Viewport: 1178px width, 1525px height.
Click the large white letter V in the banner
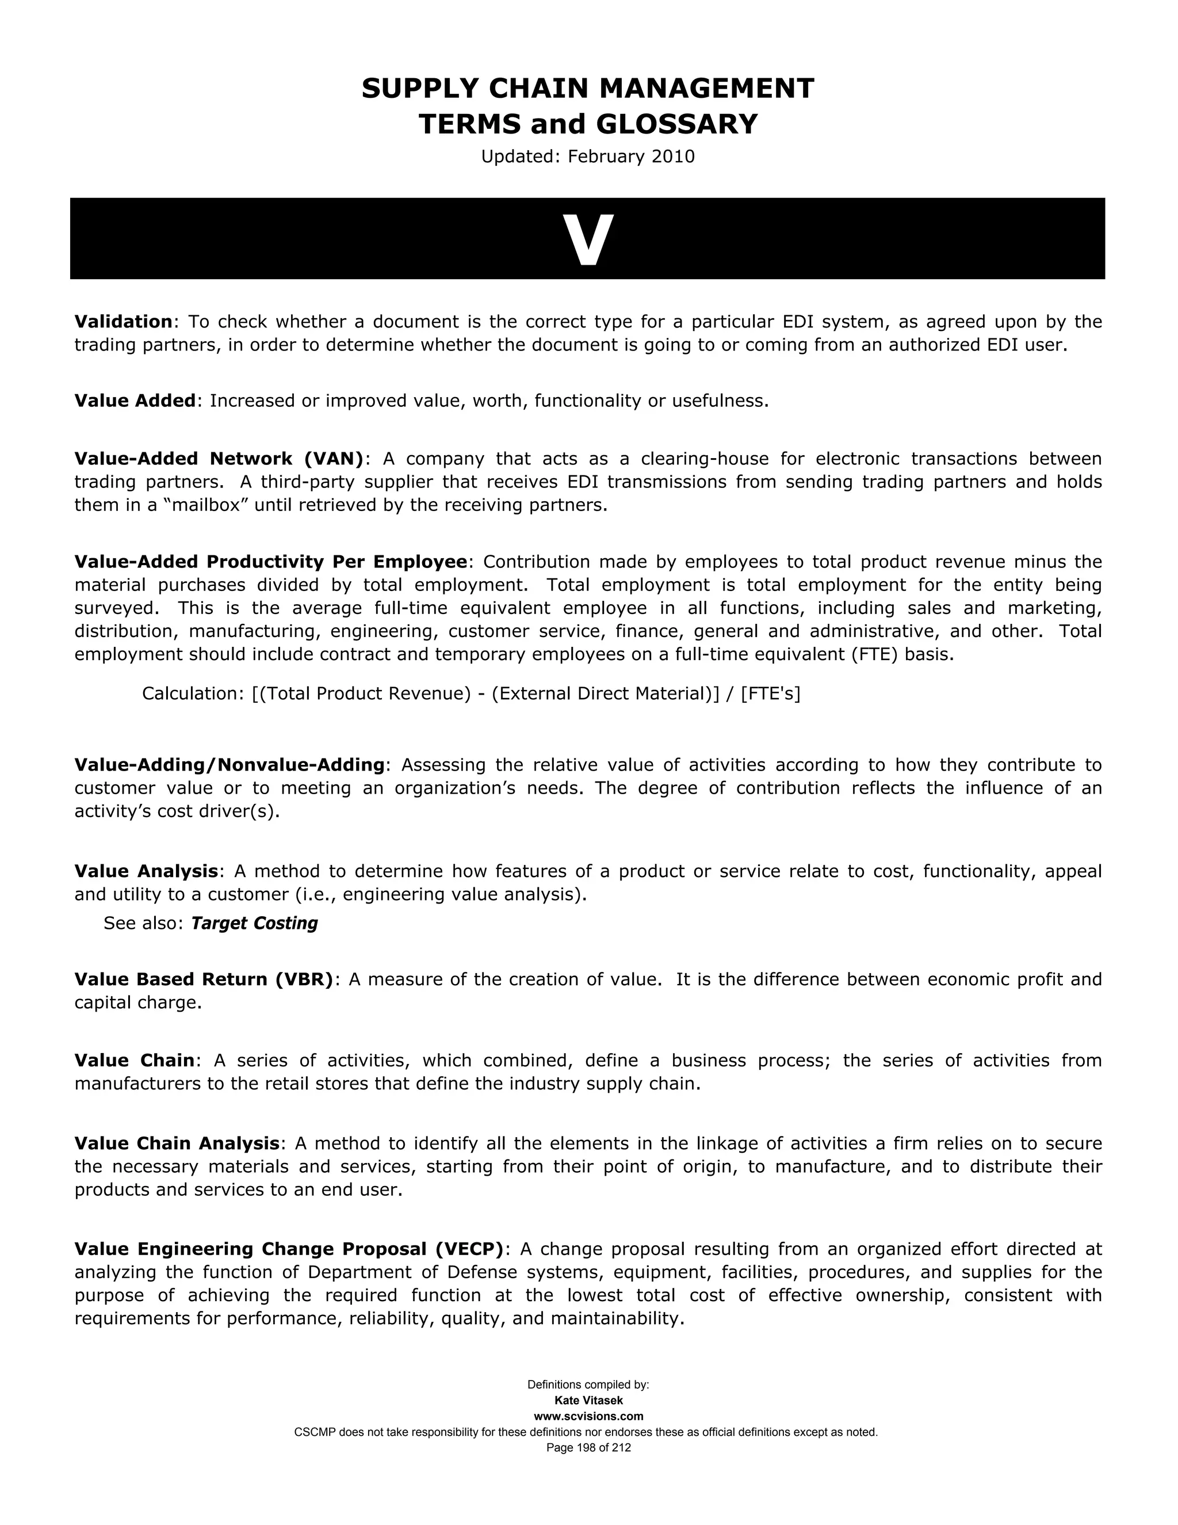[588, 239]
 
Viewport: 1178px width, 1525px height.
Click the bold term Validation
[124, 322]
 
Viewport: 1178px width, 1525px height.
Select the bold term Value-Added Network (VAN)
[219, 459]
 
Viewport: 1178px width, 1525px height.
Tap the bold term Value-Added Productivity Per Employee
[271, 562]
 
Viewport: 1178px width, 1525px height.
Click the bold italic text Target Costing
[254, 923]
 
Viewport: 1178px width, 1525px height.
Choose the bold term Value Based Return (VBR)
[204, 979]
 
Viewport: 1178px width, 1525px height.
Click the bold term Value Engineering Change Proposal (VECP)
[289, 1249]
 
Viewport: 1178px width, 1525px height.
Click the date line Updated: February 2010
[588, 157]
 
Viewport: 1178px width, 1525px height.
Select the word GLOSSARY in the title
[676, 124]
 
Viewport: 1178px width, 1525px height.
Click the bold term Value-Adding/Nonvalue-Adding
[230, 765]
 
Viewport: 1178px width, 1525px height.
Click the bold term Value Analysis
[147, 871]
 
